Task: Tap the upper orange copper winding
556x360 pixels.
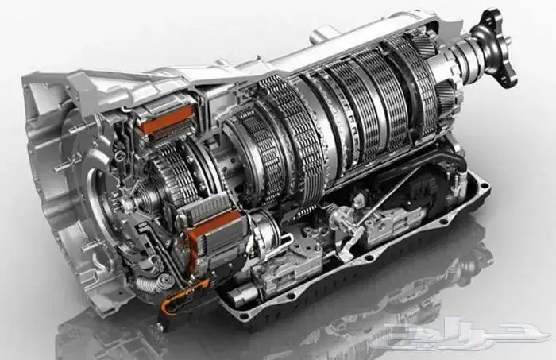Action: point(168,120)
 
